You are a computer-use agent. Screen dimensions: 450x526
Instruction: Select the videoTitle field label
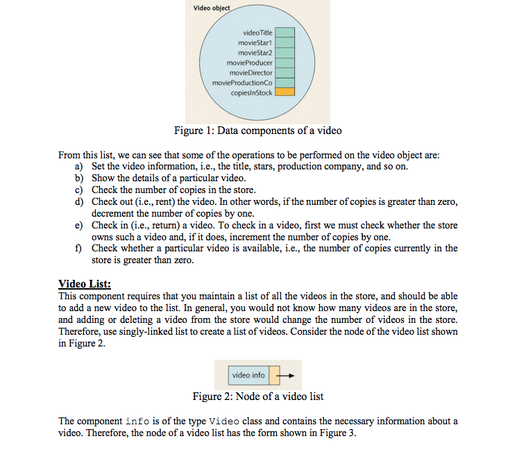(x=257, y=33)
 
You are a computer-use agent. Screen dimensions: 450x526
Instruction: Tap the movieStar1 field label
(x=255, y=42)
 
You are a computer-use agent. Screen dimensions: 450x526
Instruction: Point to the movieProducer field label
(x=251, y=62)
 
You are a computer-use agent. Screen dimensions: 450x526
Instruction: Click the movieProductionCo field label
(x=243, y=82)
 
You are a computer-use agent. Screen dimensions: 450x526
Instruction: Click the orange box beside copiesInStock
(x=285, y=92)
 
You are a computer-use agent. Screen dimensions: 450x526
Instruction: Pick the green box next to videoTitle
(x=285, y=33)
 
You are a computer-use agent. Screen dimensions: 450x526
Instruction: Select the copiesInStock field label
(x=251, y=92)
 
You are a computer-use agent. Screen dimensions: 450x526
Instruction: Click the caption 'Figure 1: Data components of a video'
(x=257, y=131)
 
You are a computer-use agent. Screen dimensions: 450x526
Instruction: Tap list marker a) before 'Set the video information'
(x=79, y=167)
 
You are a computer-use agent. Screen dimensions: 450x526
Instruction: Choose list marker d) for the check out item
(x=79, y=201)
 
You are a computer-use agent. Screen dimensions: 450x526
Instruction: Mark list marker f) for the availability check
(x=78, y=248)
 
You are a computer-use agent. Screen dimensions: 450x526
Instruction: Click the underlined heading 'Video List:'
(x=85, y=283)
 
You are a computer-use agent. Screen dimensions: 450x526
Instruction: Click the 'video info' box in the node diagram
(x=248, y=375)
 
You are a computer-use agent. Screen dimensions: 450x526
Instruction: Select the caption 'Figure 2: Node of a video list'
(x=257, y=397)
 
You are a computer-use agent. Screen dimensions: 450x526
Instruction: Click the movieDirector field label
(x=251, y=72)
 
